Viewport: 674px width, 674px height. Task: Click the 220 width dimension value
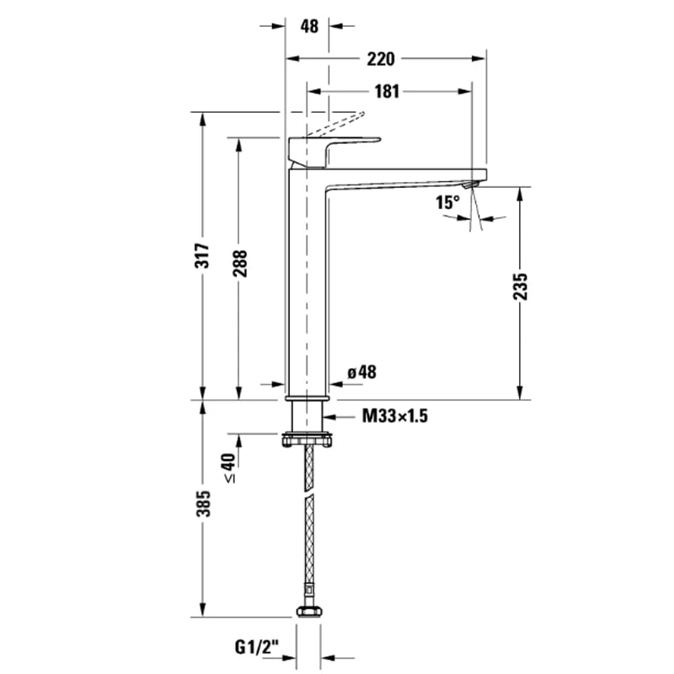click(x=382, y=58)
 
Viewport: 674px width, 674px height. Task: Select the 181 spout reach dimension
click(x=386, y=92)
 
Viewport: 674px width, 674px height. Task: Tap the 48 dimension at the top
click(x=309, y=26)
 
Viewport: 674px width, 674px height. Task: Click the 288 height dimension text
click(x=239, y=265)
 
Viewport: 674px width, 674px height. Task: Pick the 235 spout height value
click(x=522, y=287)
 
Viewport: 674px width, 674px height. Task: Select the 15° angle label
click(x=447, y=202)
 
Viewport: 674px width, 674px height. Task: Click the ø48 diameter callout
click(x=361, y=372)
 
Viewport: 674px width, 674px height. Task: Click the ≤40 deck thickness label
click(x=229, y=467)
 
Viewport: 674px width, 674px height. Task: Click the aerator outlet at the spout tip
click(x=472, y=182)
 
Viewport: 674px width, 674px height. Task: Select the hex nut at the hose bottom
click(x=308, y=612)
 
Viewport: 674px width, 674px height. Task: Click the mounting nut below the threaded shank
click(x=308, y=440)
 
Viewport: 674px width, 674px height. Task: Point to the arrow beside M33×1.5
click(x=342, y=415)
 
